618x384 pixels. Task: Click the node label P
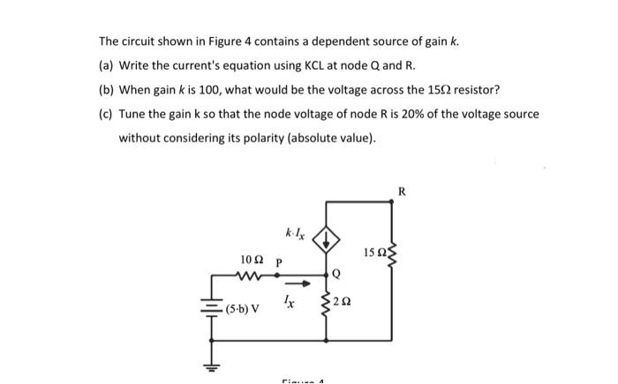[279, 262]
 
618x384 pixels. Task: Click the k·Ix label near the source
[296, 235]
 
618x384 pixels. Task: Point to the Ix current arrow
[298, 283]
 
